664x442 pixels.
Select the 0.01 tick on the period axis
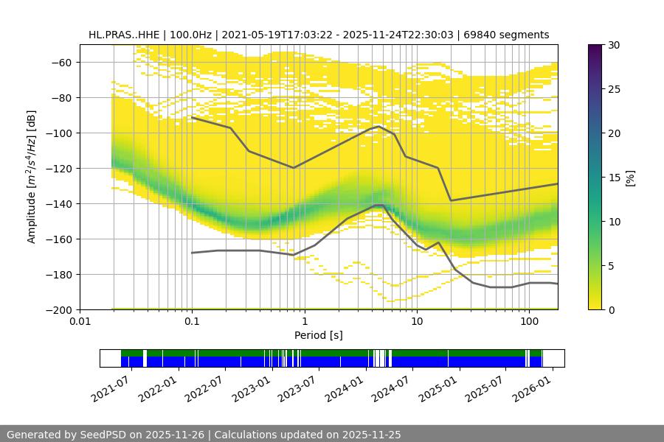point(80,322)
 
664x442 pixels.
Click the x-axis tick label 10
point(416,322)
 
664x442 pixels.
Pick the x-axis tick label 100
point(528,322)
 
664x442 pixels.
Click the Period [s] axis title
point(318,335)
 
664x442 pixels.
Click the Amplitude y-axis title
point(31,177)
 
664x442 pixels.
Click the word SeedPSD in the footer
point(100,435)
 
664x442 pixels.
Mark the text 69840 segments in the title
point(506,35)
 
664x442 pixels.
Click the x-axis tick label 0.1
point(192,322)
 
